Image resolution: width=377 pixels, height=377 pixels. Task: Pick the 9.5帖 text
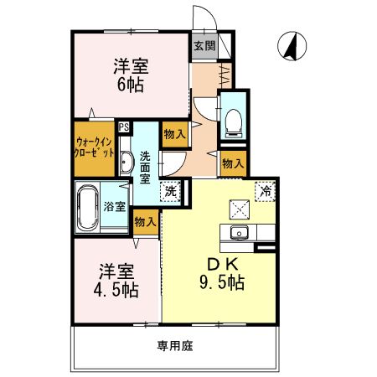coord(222,283)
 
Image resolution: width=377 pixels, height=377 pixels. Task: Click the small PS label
coord(124,127)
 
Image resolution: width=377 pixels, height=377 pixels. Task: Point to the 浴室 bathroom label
coord(115,205)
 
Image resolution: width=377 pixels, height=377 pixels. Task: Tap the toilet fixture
coord(233,120)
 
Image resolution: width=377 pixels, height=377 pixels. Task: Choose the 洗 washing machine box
coord(170,191)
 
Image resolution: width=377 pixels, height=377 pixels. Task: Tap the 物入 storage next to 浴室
coord(144,221)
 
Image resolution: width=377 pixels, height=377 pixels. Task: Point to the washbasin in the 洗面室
coord(125,163)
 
